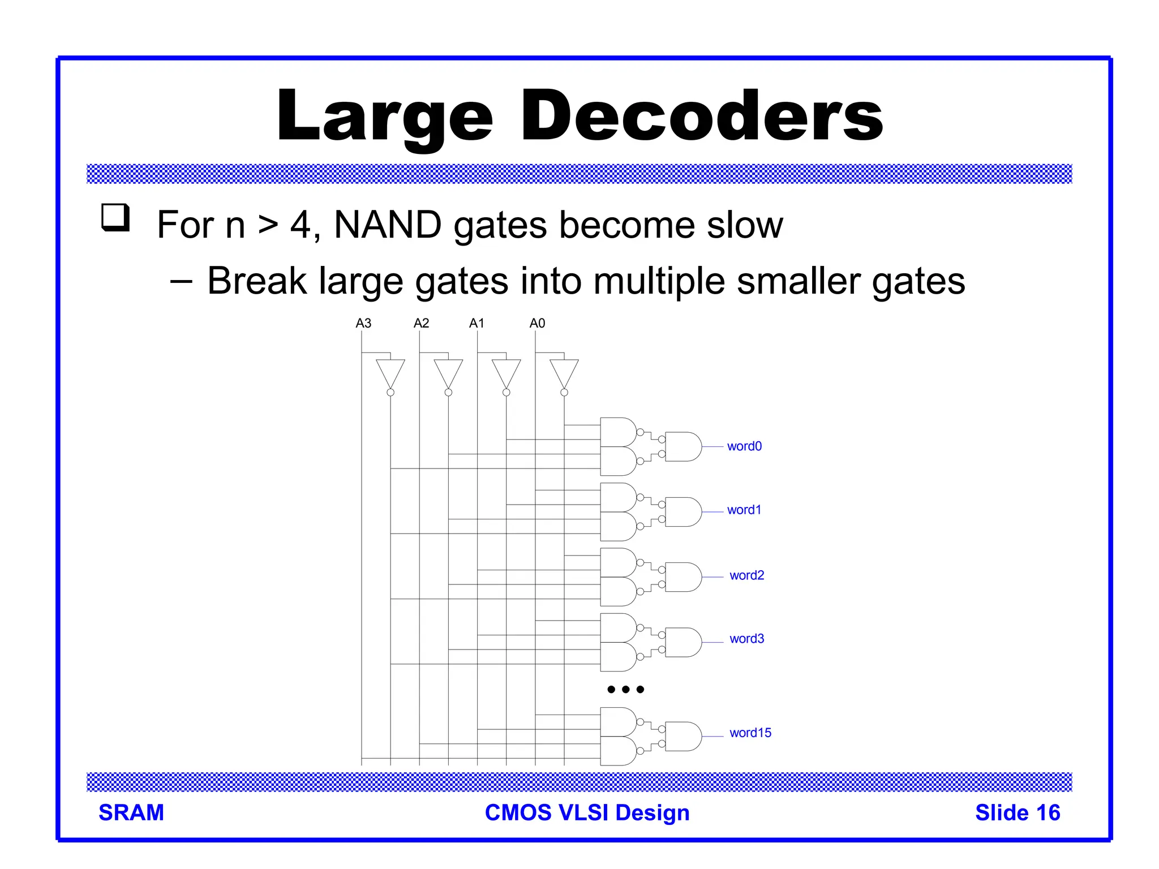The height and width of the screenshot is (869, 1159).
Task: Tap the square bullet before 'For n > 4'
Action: [x=115, y=218]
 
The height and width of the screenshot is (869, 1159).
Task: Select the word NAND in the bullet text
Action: [x=388, y=225]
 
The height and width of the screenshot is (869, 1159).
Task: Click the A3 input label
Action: [x=363, y=323]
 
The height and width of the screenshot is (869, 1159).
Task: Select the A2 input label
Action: [x=421, y=323]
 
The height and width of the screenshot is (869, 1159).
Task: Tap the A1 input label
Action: [x=477, y=323]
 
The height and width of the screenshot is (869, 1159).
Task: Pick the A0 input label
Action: [x=537, y=323]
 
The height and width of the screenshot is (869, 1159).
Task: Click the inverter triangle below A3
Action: [x=390, y=372]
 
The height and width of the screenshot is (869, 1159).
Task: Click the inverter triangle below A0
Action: [x=564, y=372]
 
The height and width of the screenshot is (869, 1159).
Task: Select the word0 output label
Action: [x=744, y=446]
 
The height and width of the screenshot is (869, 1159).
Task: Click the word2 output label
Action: [x=746, y=575]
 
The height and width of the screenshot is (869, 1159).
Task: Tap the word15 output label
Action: [x=750, y=733]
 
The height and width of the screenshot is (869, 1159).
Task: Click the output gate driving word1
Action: [x=682, y=512]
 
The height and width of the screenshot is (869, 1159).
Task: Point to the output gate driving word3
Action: [x=682, y=642]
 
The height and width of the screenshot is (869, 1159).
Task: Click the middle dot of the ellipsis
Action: [x=625, y=689]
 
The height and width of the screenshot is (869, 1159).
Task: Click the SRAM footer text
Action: [x=131, y=812]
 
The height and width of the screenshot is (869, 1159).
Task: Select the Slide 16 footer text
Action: [x=1017, y=812]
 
